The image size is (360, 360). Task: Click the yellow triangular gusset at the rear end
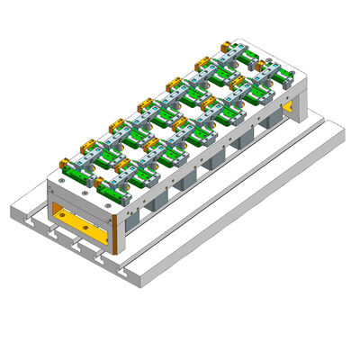[287, 108]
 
